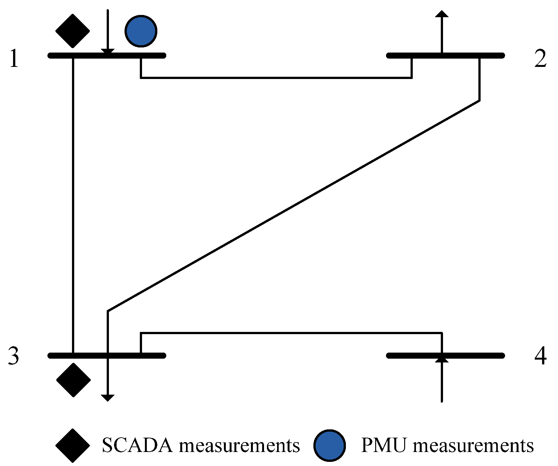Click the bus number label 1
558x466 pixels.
tap(14, 59)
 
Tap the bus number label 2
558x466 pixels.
tap(540, 59)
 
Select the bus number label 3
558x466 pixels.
tap(13, 356)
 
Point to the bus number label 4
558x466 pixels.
tap(540, 356)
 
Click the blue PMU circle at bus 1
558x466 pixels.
tap(141, 31)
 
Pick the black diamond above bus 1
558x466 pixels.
tap(73, 31)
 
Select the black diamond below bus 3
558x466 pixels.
tap(74, 380)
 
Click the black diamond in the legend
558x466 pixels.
tap(73, 445)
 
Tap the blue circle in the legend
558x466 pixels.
tap(330, 445)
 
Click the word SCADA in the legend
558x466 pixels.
tap(137, 445)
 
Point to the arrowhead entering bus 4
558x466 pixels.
tap(441, 359)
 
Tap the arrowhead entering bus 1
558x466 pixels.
tap(108, 52)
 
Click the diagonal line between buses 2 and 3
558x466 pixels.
tap(293, 206)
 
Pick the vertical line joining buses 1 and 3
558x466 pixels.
tap(73, 204)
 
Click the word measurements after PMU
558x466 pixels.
tap(473, 445)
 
